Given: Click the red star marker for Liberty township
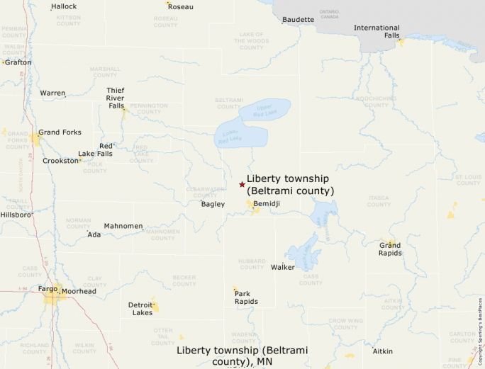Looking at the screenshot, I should (242, 184).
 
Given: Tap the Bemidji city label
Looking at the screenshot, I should (267, 204).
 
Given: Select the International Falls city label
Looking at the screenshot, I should (377, 32).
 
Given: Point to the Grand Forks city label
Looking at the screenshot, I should (60, 132).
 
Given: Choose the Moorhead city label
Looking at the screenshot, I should (79, 291).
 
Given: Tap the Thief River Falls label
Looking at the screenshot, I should (116, 98).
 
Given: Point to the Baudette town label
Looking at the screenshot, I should (298, 19).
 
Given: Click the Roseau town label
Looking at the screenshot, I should (181, 7).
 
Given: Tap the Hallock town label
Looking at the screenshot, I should (64, 6).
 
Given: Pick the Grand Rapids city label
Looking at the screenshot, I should (389, 249).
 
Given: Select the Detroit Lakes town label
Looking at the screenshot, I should (140, 309).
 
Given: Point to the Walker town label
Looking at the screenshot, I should (282, 267).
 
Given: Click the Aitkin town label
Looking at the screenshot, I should (383, 351).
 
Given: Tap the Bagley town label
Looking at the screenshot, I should (213, 204).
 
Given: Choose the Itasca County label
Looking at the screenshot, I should (379, 201).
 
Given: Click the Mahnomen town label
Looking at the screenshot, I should (123, 226).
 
